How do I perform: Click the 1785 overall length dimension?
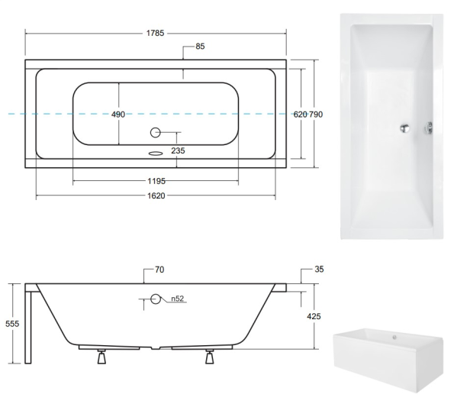pos(155,33)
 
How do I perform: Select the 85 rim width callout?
pos(200,46)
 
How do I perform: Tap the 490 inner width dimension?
pos(118,115)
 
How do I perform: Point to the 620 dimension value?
pos(300,115)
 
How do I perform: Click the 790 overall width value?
pos(316,115)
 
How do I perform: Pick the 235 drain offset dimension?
pos(178,150)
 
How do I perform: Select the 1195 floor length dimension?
pos(156,181)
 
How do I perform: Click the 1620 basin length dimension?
pos(156,196)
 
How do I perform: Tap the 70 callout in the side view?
pos(159,270)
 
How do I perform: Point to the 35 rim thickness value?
pos(319,269)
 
